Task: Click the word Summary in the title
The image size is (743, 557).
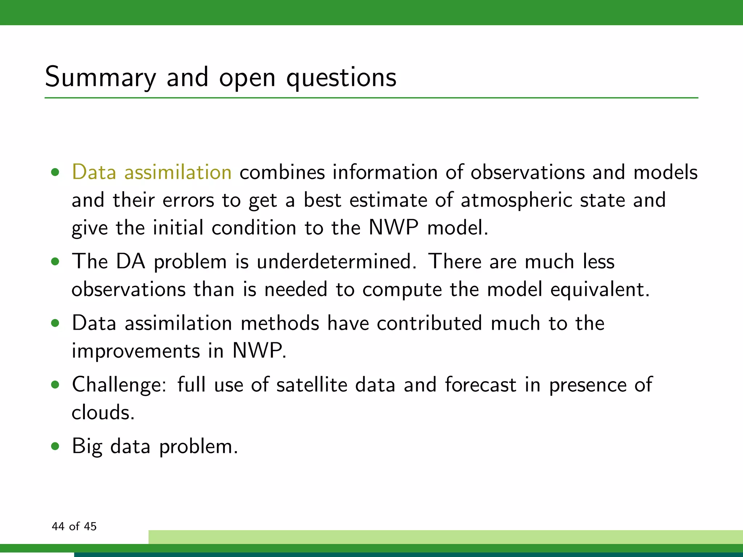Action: click(100, 78)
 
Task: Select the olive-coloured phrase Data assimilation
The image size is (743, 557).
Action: click(152, 172)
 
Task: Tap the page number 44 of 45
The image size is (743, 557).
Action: click(74, 526)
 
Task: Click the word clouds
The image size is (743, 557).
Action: click(103, 412)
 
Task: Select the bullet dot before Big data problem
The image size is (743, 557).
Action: click(55, 446)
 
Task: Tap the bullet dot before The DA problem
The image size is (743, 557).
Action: click(55, 261)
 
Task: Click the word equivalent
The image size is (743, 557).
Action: click(600, 289)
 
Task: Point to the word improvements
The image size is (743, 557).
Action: click(136, 351)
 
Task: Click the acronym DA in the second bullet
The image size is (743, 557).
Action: click(131, 261)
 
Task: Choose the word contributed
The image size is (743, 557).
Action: click(429, 323)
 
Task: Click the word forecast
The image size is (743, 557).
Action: click(480, 384)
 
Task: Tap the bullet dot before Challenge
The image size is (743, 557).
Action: click(55, 384)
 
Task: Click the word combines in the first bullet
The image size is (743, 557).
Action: click(282, 172)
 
